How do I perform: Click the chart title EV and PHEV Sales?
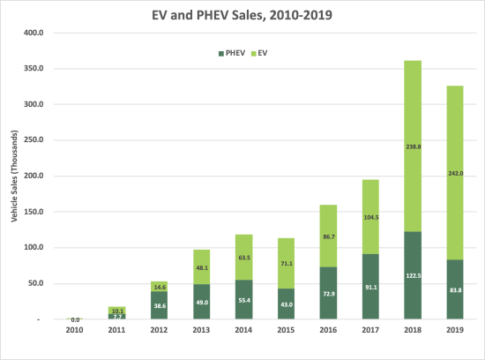(x=242, y=15)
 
